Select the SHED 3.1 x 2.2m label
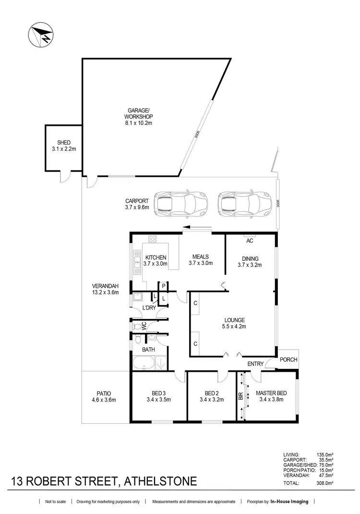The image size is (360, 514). pos(63,146)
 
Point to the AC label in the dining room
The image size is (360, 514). pos(249,241)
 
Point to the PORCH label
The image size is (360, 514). pos(288,360)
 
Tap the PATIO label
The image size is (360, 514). pos(104,395)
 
